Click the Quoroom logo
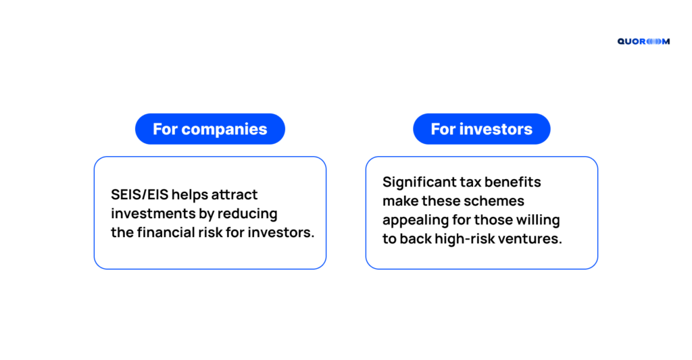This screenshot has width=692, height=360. pos(643,41)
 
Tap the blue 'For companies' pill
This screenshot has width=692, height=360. pos(210,129)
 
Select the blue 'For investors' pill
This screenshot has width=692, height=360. pos(481,129)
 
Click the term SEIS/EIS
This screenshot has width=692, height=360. pos(139,195)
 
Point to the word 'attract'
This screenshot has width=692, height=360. pos(234,195)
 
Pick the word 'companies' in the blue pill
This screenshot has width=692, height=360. pos(224,130)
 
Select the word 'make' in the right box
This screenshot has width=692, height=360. pos(400,201)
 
